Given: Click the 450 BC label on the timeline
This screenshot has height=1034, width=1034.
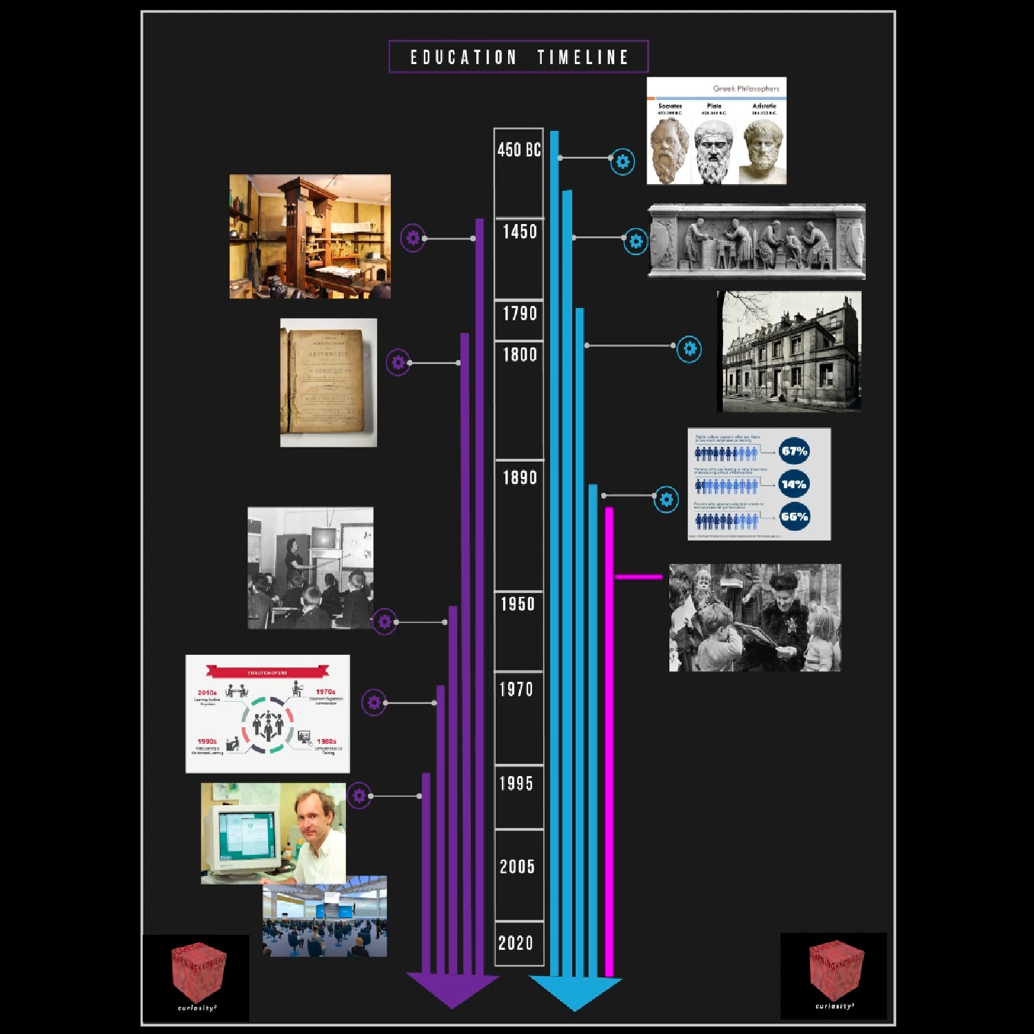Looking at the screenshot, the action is [x=519, y=150].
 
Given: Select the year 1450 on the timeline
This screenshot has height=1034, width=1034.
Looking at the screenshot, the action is [x=520, y=232].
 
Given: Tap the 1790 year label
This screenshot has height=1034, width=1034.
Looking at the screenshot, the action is [x=520, y=314].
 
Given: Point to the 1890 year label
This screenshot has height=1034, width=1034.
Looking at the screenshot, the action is [x=520, y=477].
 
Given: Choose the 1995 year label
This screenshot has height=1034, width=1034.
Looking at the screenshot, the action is [x=516, y=783].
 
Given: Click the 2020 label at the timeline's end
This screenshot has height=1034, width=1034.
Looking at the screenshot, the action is [x=516, y=942].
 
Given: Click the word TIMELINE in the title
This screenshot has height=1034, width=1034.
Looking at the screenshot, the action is [x=583, y=57].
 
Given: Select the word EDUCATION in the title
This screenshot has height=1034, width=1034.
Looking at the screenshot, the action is [x=463, y=57].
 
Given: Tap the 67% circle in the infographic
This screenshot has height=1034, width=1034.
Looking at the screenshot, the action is [x=794, y=452].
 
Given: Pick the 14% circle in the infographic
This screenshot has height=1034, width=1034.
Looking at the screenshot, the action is [x=794, y=484].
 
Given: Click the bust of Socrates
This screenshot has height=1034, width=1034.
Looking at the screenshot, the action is [x=668, y=149].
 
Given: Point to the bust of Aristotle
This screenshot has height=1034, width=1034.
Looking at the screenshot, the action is [x=763, y=150].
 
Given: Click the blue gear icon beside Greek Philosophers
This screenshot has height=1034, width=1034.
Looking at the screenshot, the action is [x=622, y=161].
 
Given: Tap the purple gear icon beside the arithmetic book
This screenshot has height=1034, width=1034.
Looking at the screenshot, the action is [x=398, y=362].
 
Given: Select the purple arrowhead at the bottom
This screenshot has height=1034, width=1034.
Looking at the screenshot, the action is [x=452, y=991].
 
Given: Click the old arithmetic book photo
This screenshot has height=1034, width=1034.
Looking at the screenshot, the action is [x=328, y=382].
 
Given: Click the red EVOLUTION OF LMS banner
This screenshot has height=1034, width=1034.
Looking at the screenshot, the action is [x=267, y=672].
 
